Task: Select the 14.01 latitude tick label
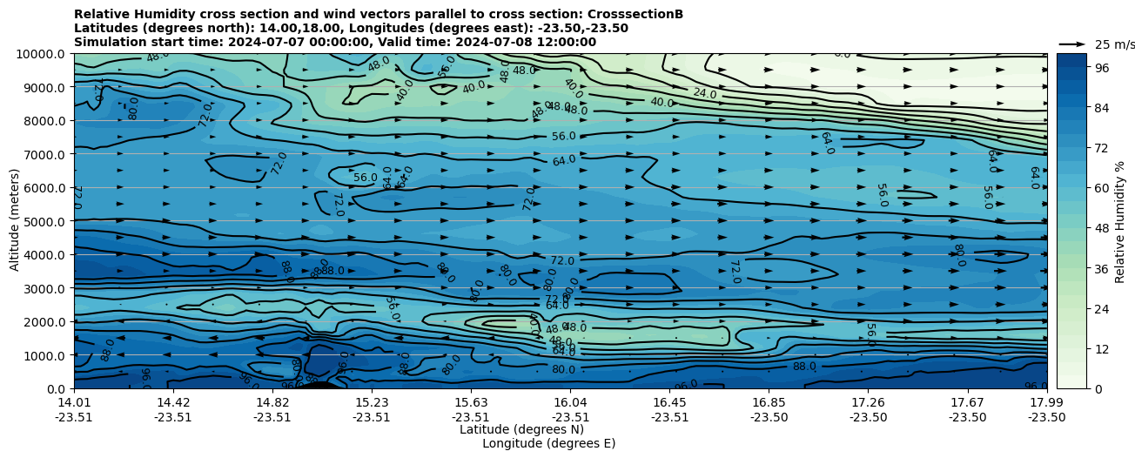(74, 401)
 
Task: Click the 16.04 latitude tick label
(570, 401)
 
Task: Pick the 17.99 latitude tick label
(1046, 401)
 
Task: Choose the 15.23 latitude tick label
(372, 401)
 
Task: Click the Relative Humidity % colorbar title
(1120, 221)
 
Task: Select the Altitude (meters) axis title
(15, 221)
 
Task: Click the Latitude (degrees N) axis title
(521, 429)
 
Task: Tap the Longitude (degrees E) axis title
(548, 443)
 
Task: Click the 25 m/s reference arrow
(1072, 44)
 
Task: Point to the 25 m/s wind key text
(1114, 44)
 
